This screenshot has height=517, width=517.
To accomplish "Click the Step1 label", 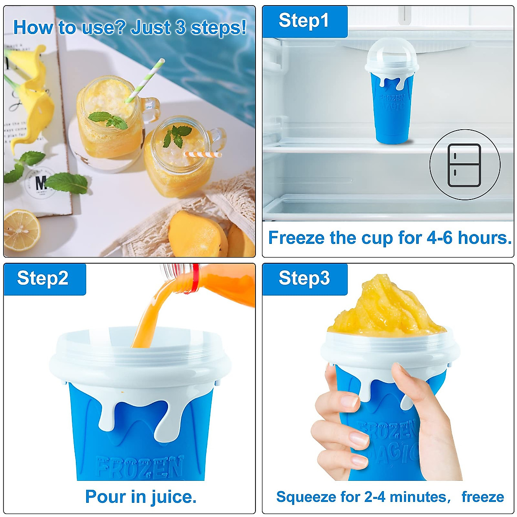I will coord(304,21).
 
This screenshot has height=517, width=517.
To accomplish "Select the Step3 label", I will coord(304,278).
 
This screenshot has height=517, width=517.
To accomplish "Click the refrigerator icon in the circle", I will coord(464,165).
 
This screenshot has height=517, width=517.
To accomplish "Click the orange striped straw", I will coord(202,154).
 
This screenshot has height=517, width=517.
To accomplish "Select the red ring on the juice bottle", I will coord(196,279).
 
